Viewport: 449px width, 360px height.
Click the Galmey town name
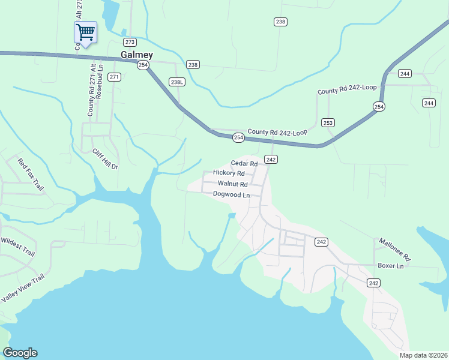136,55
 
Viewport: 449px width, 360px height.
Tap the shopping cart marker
85,32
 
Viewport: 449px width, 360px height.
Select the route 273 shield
130,42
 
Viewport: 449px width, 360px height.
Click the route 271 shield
115,77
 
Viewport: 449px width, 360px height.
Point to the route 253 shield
327,122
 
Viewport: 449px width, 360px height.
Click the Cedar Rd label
244,163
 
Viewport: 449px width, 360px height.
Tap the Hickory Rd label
229,173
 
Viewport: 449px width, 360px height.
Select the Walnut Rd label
232,184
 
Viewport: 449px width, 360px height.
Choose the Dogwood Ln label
231,194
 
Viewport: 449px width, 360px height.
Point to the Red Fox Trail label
31,175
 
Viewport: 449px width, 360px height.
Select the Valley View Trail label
23,288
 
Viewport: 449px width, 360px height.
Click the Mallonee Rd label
394,249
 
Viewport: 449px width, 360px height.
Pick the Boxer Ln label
393,265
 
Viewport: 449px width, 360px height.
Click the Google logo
20,353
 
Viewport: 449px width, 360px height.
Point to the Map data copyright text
423,355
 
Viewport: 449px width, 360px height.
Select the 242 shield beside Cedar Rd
271,159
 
